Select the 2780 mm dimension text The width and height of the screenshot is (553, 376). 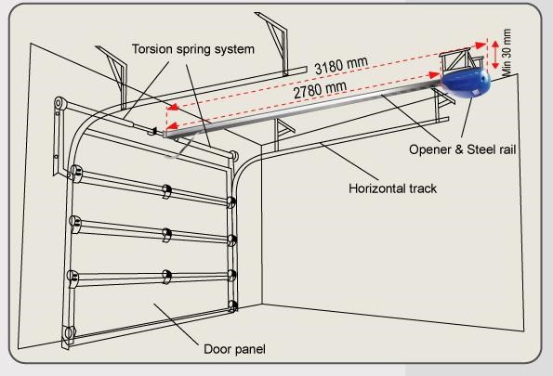320,89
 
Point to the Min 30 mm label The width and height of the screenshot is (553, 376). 507,53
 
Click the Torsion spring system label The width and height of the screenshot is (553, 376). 193,49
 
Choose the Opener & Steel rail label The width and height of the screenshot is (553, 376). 462,149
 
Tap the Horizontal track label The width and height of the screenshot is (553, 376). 392,188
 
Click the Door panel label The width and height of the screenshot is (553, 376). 234,349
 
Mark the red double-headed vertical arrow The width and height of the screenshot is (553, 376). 495,55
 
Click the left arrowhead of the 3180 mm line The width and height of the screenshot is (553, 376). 172,107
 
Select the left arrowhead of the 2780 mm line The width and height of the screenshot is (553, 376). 171,126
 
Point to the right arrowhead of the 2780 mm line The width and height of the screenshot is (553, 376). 434,74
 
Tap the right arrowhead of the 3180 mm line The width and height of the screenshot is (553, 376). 481,45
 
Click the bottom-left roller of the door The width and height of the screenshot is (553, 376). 69,332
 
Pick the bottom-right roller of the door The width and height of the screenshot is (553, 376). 232,305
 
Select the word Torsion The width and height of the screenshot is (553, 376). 152,48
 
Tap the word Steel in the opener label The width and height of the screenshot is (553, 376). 481,149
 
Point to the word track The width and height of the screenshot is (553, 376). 423,188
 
